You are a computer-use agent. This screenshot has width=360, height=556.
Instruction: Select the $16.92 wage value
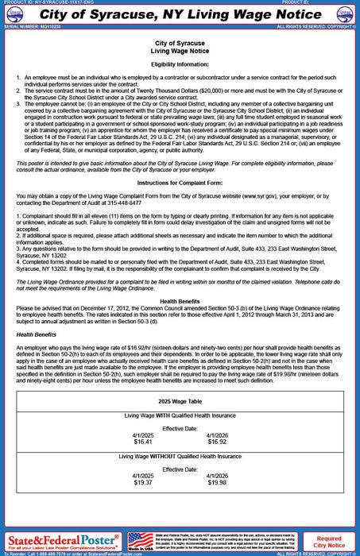coord(218,441)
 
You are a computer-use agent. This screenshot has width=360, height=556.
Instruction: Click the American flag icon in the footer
coord(141,541)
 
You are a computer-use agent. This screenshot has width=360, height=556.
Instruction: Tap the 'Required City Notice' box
coord(329,541)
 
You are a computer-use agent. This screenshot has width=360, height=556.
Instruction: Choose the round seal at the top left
coord(12,14)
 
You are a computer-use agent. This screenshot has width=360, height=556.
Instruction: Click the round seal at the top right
coord(347,14)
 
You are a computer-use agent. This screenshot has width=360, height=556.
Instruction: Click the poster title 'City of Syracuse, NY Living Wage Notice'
coord(180,14)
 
